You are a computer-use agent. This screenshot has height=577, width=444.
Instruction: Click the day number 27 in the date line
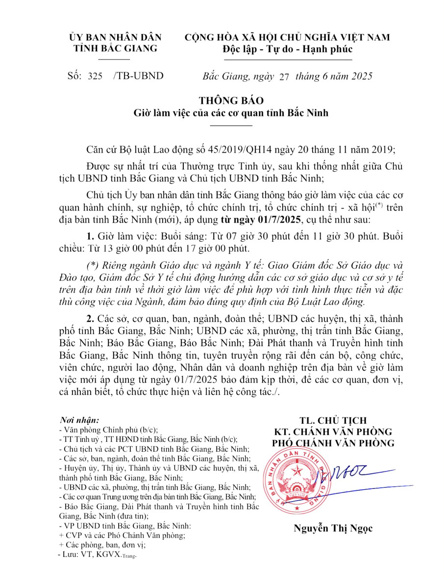click(x=284, y=76)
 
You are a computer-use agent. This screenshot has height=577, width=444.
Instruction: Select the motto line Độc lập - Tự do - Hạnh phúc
click(x=287, y=49)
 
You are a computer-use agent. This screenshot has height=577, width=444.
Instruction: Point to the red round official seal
click(x=297, y=480)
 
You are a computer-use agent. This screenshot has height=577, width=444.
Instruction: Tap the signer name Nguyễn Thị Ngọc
click(x=333, y=528)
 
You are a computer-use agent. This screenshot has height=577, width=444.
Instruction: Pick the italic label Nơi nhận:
click(x=79, y=420)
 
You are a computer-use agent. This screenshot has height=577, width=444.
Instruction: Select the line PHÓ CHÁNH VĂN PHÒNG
click(x=333, y=443)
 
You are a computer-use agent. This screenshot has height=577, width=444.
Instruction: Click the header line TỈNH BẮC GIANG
click(x=115, y=48)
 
